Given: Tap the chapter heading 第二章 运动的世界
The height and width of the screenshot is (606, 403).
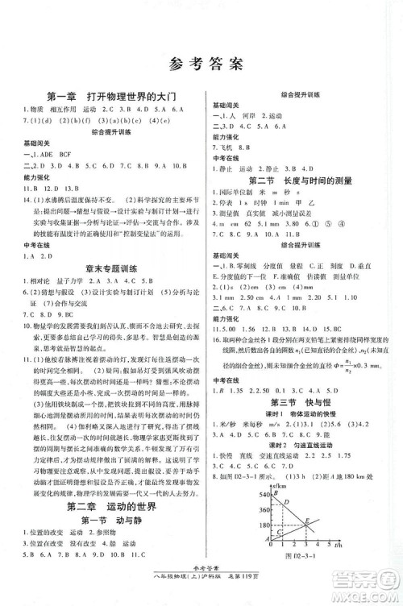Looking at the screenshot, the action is click(106, 505).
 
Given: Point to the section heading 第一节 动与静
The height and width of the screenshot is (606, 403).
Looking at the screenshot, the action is click(106, 521).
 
